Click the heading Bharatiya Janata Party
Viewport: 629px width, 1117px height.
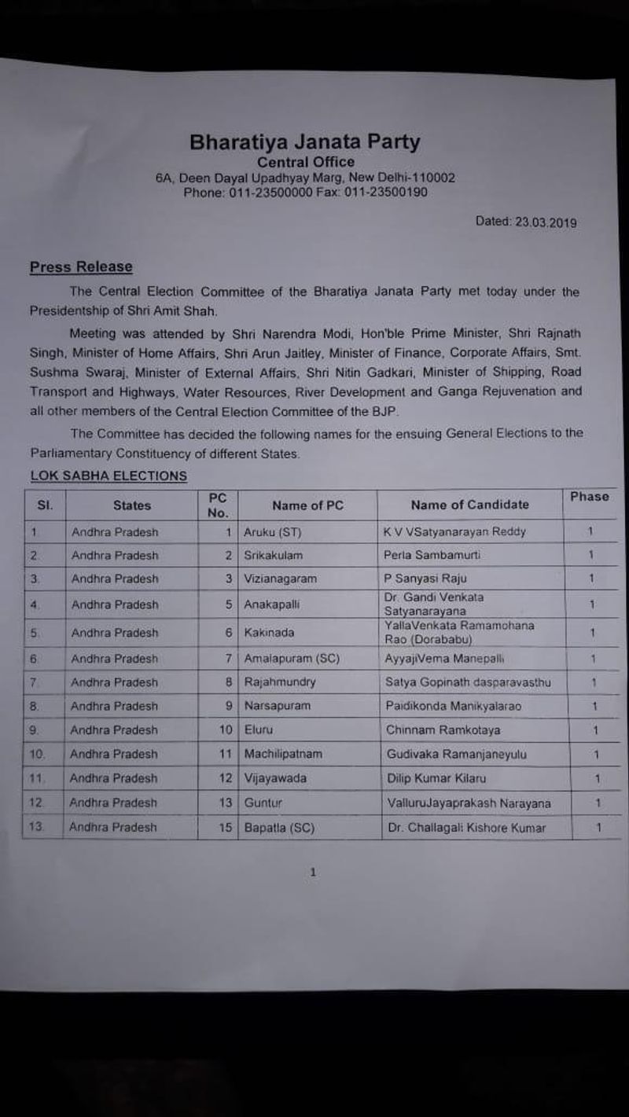tap(305, 142)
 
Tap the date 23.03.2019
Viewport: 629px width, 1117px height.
tap(546, 222)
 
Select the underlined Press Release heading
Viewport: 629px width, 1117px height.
tap(81, 267)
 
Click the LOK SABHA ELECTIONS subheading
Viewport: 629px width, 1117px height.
tap(109, 476)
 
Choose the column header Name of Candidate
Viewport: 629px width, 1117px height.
tap(469, 505)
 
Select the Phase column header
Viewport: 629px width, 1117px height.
tap(589, 497)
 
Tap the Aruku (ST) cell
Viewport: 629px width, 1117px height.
tap(272, 532)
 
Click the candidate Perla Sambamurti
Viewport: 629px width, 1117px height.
tap(432, 555)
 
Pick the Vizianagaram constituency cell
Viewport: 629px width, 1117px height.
tap(280, 579)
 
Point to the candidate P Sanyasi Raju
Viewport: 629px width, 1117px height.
tap(425, 579)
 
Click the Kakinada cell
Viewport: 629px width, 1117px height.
tap(268, 633)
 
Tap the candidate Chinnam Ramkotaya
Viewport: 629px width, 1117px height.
tap(443, 730)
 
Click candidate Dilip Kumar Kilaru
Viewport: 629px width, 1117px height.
tap(436, 779)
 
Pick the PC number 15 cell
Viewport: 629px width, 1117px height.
tap(226, 828)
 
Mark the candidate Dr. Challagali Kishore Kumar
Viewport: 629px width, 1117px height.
tap(466, 828)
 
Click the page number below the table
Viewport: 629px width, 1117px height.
tap(313, 872)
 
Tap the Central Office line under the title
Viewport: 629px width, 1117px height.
tap(305, 163)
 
